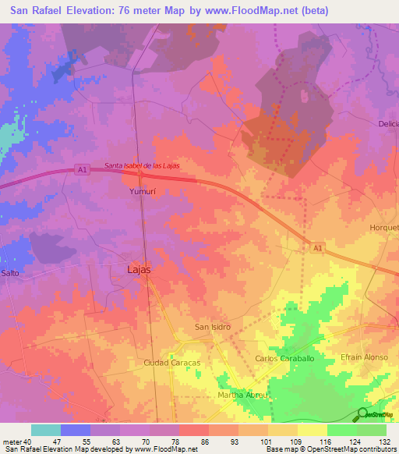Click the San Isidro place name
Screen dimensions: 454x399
click(212, 327)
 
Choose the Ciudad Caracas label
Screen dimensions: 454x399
click(172, 364)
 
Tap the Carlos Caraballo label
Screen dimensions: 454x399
click(284, 358)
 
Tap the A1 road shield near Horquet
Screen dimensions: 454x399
click(316, 247)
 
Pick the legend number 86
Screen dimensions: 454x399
click(204, 441)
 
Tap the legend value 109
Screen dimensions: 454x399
click(295, 441)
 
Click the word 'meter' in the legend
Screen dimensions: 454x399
click(11, 441)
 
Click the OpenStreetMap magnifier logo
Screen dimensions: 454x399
click(363, 414)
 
